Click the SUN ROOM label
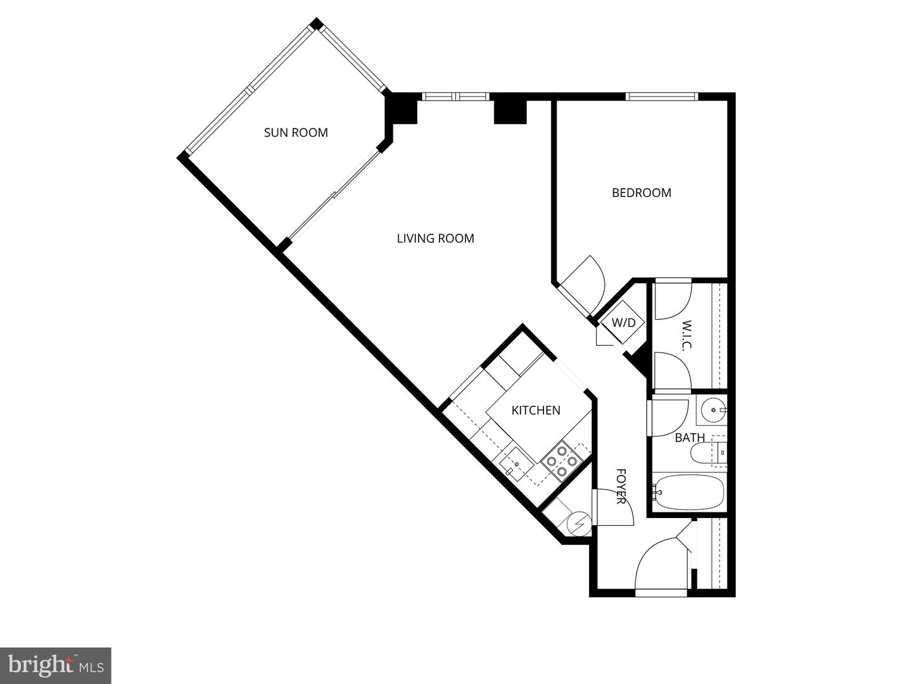point(296,132)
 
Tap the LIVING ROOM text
point(435,238)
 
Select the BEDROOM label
point(641,193)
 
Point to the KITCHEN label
point(536,410)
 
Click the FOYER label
point(621,486)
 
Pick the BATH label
point(689,438)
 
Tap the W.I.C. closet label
point(687,335)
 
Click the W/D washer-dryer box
point(623,323)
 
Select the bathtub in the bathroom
point(688,492)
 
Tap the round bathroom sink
point(714,410)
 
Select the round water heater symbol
point(579,523)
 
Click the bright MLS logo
point(56,665)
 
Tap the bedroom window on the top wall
point(661,96)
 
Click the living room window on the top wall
point(455,96)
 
